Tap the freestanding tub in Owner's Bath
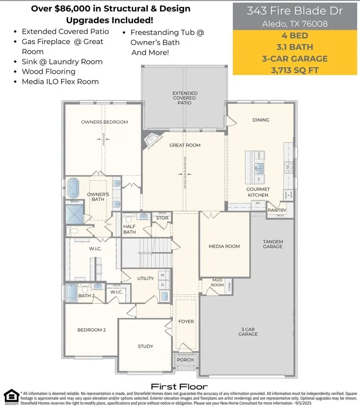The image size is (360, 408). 73,188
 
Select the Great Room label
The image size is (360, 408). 185,145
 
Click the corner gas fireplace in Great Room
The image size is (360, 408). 150,140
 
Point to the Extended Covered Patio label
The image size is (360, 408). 184,98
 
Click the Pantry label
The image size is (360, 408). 276,210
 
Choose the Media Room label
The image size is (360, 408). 224,246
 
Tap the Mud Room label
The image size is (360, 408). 217,283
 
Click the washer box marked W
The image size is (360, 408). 162,275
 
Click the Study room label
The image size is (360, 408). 145,346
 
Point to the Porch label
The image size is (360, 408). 185,360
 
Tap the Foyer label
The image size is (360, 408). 186,322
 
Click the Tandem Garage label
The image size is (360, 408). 273,244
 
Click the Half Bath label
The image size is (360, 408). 129,229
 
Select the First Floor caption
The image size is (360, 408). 179,386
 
